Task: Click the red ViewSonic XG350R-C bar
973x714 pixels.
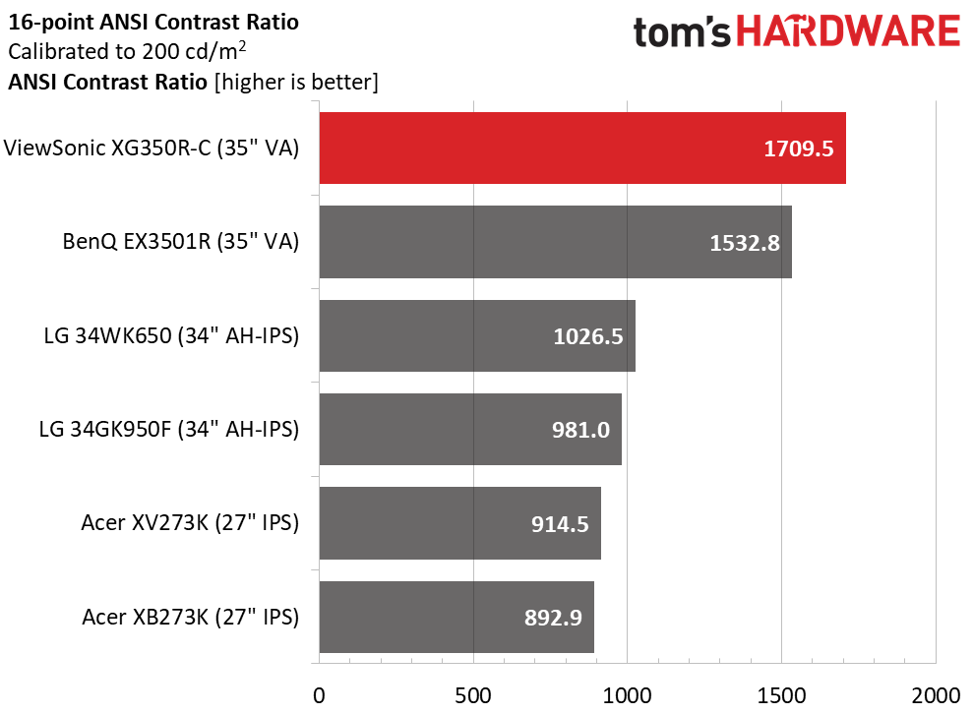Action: pos(582,149)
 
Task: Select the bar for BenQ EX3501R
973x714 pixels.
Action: pos(556,242)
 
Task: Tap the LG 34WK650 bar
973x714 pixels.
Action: pos(477,335)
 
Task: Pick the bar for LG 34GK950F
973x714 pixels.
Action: pos(470,429)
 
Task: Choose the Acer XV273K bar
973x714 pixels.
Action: pos(459,523)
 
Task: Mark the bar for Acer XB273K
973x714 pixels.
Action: pos(456,617)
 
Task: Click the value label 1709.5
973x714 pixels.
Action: pos(798,149)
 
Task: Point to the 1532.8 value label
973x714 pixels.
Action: pos(745,243)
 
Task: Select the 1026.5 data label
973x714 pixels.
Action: pos(587,336)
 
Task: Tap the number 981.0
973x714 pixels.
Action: pos(580,430)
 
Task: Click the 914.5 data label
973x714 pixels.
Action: pos(560,524)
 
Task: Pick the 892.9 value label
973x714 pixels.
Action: pos(553,618)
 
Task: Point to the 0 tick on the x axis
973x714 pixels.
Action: pos(319,695)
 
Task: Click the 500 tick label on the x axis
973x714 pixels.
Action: pos(473,695)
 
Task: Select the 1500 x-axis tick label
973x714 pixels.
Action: pos(781,695)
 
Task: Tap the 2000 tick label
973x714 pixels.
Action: pos(936,695)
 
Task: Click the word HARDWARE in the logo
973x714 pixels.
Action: pos(848,31)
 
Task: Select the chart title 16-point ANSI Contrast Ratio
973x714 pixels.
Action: pos(153,23)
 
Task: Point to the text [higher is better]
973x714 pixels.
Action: pos(296,82)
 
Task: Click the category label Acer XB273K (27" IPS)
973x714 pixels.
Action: pos(191,617)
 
